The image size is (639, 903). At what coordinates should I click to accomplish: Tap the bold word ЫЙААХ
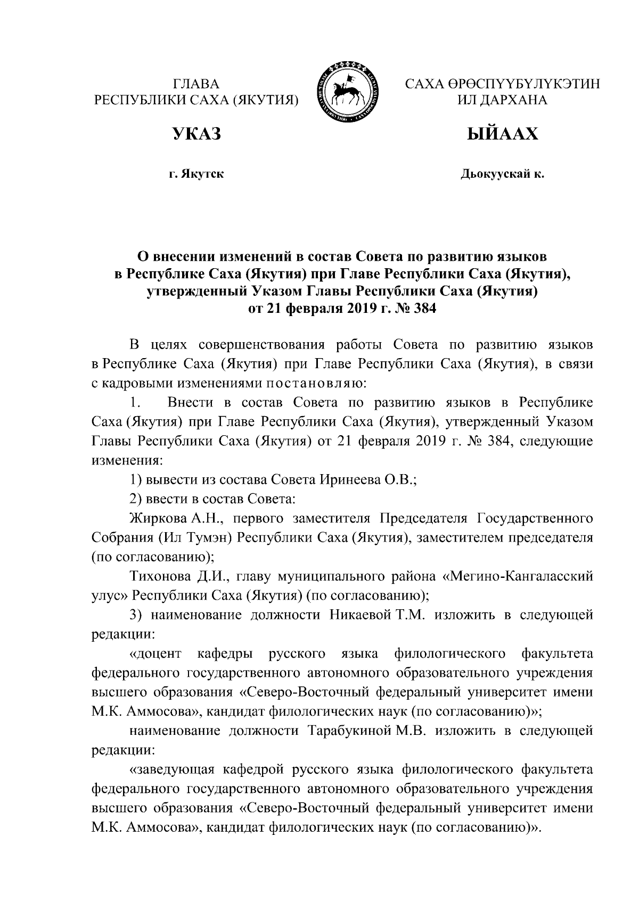click(502, 135)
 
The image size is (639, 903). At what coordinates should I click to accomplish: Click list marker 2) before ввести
click(137, 499)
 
